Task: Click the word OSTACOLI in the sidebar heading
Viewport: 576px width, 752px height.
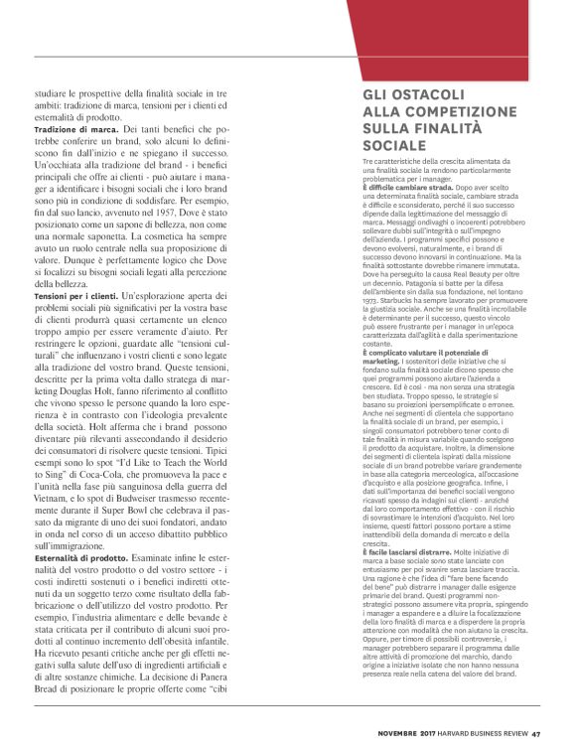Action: pyautogui.click(x=423, y=96)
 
